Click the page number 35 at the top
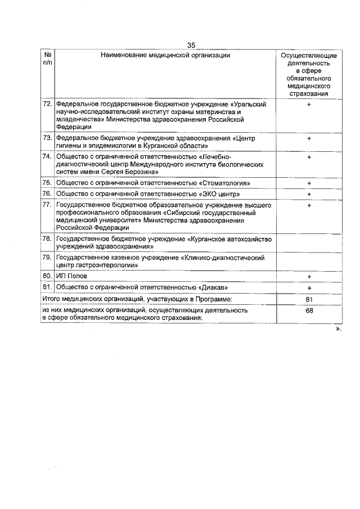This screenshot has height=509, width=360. coord(191,46)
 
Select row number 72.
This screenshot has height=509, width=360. coord(47,105)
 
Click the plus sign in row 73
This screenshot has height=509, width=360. coord(309,138)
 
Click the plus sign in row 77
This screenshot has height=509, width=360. coord(309,205)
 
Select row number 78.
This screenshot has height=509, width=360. coord(47,239)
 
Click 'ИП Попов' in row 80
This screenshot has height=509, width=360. coord(71,277)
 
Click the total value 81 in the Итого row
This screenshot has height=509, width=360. coord(309,299)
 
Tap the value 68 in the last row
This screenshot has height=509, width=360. coord(309,310)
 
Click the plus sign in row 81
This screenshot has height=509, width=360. coord(309,288)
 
